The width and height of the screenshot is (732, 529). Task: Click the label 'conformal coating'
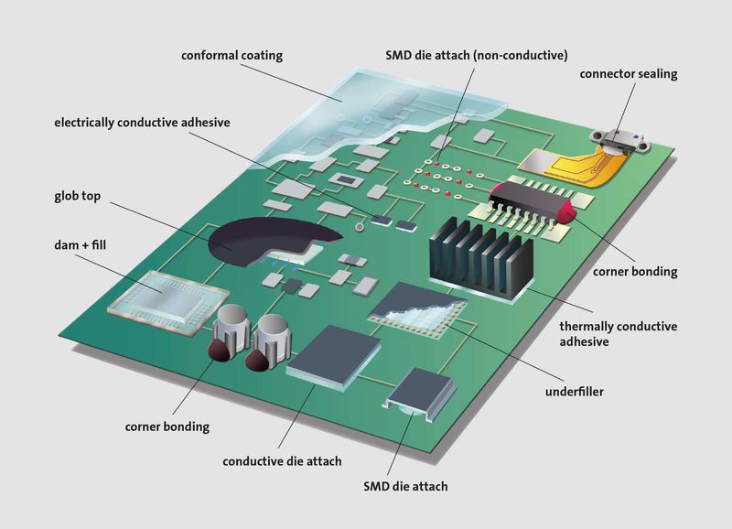[231, 56]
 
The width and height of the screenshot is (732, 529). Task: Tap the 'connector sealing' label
[629, 74]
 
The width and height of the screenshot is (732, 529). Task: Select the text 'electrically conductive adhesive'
[142, 123]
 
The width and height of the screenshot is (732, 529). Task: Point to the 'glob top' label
[77, 196]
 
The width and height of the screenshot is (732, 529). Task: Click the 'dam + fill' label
[80, 244]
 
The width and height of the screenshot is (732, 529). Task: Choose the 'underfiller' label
[575, 392]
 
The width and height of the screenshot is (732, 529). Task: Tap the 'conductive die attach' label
[282, 461]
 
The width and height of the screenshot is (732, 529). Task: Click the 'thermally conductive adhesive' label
[619, 334]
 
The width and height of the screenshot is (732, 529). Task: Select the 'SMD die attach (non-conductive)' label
[477, 56]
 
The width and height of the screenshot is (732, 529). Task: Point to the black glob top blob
[271, 238]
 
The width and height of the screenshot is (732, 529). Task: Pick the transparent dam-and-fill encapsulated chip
[168, 301]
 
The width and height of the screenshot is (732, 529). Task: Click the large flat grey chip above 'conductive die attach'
[334, 355]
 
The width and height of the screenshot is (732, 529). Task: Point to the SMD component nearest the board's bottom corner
[419, 393]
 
